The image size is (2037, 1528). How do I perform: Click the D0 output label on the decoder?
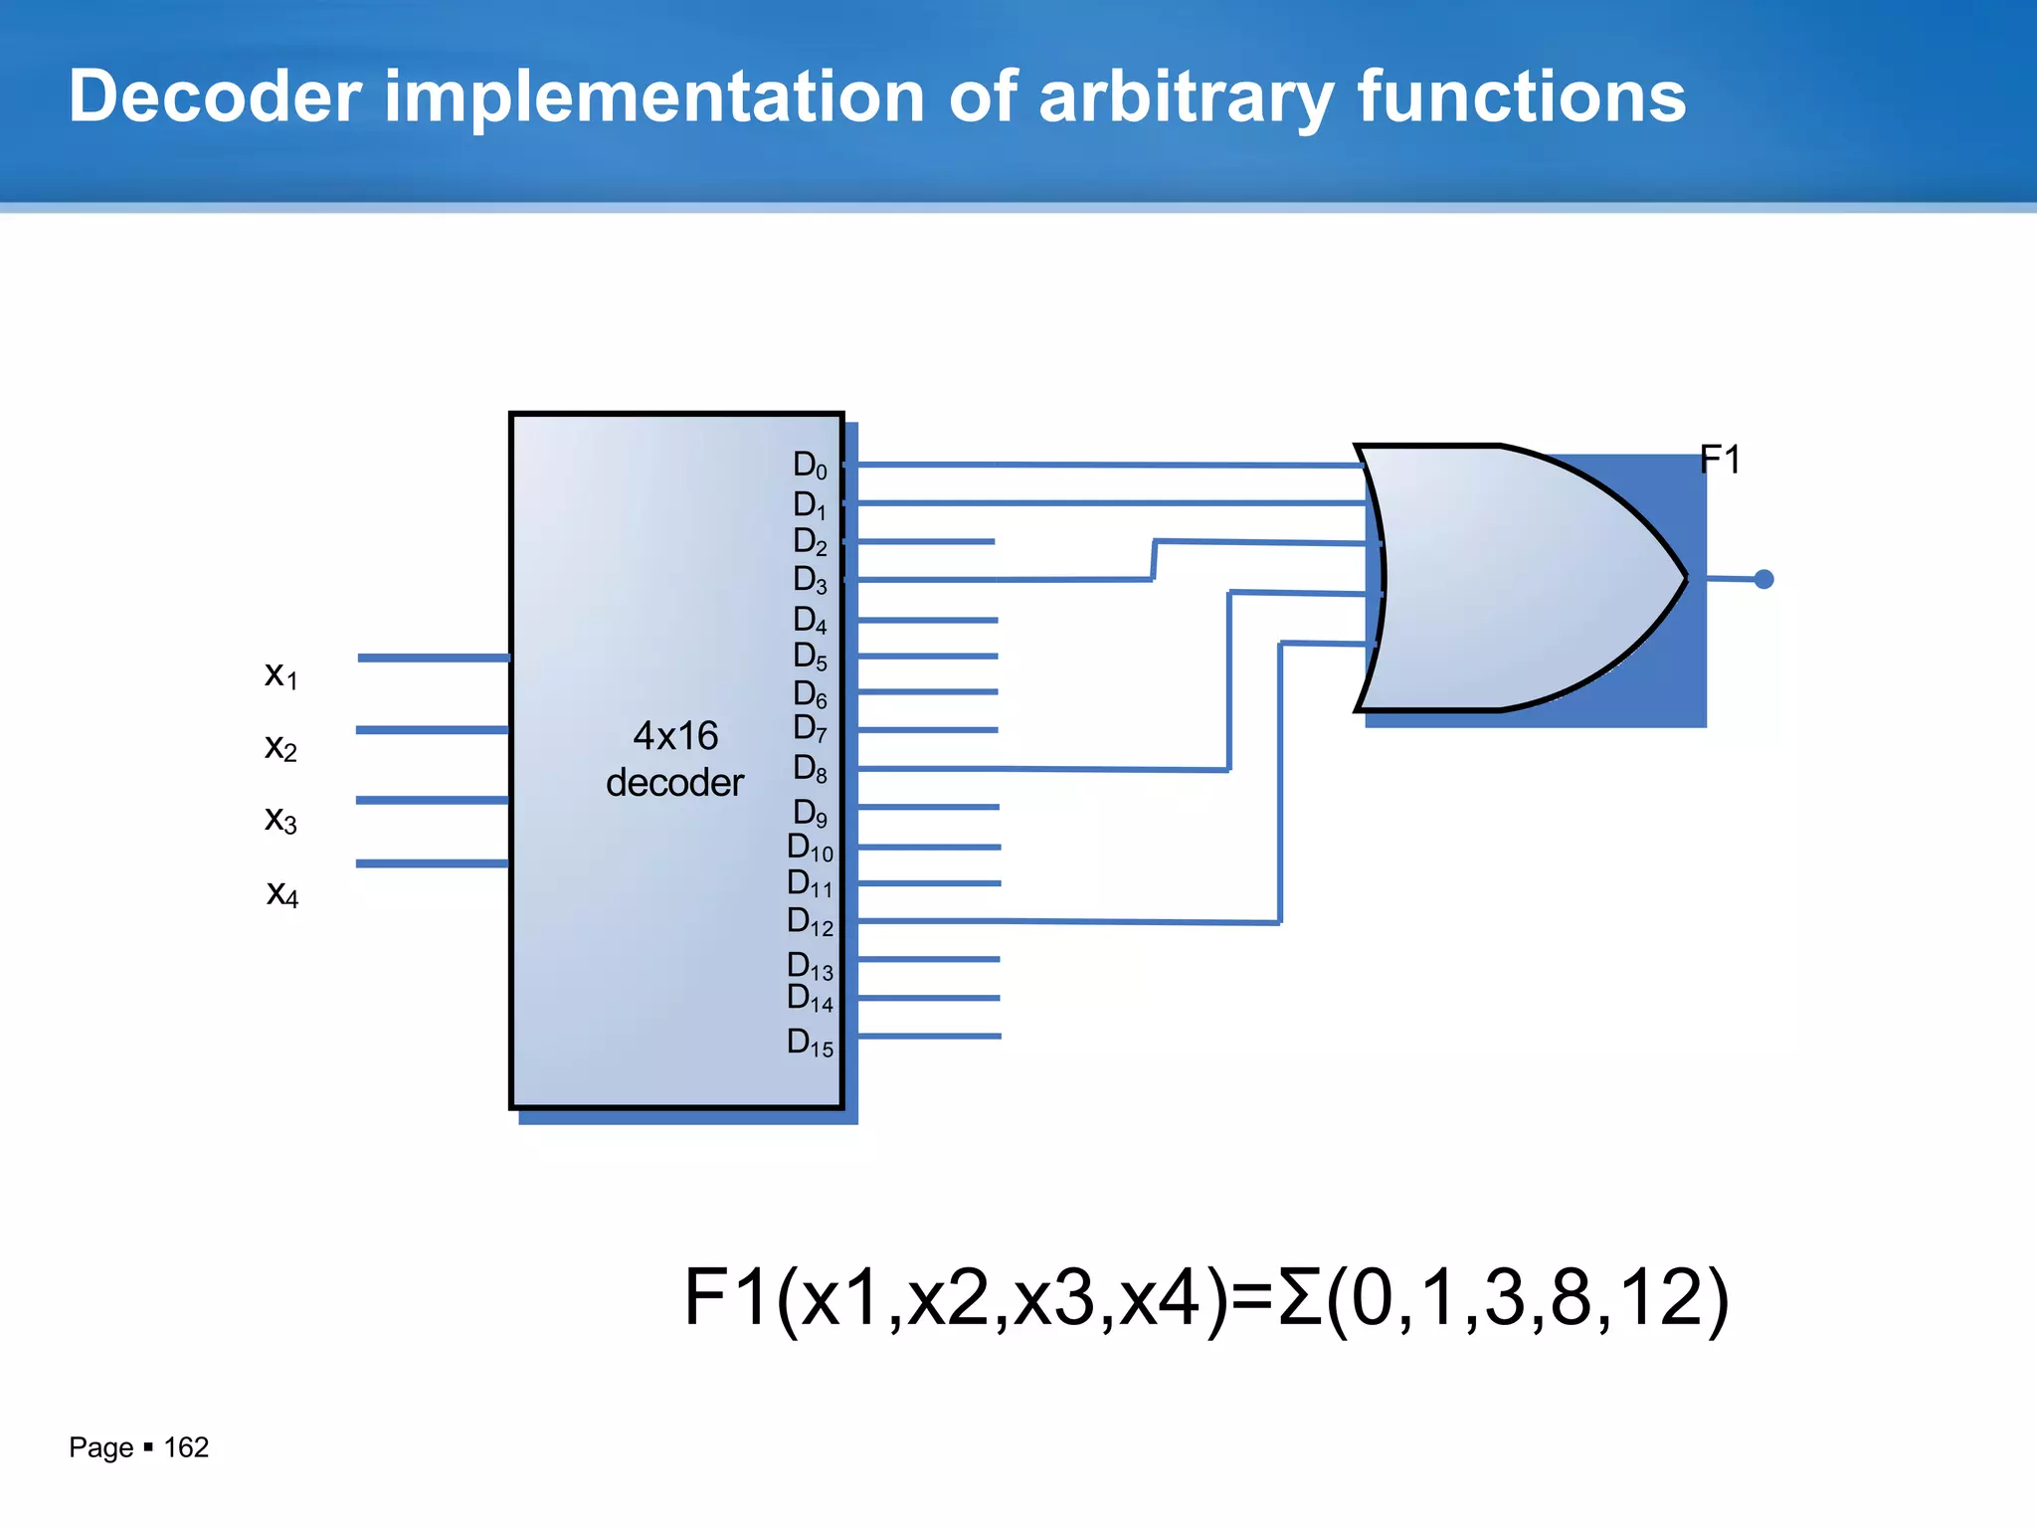[810, 465]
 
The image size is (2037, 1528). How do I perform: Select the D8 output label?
[810, 769]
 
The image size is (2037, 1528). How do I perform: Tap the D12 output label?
[810, 922]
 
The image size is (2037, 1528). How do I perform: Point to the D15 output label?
[810, 1043]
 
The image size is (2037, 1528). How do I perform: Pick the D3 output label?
[810, 580]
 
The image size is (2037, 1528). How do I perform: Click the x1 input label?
[280, 674]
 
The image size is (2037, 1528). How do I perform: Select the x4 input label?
[282, 893]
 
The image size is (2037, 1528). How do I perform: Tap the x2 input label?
[280, 747]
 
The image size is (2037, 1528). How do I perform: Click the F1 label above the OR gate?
[1720, 460]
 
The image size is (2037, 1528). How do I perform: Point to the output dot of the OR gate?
[1763, 579]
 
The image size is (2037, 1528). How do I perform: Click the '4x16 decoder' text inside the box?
[675, 759]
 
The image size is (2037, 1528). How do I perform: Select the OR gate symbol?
[1522, 578]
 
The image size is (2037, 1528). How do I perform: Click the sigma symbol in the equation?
[1300, 1297]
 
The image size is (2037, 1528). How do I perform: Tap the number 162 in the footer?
[186, 1447]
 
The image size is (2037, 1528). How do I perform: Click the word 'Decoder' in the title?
[215, 96]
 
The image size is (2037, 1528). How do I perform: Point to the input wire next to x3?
[433, 800]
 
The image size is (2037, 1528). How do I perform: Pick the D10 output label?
[810, 848]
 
